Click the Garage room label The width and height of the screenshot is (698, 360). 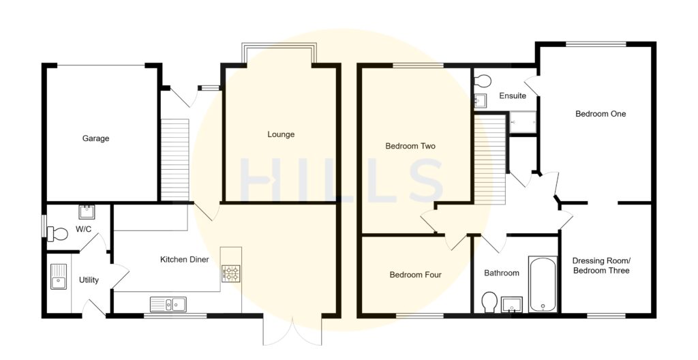tap(95, 138)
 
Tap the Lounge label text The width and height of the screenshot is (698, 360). tap(281, 134)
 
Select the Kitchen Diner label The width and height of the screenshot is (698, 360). tap(184, 260)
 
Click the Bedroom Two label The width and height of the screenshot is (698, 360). tap(410, 146)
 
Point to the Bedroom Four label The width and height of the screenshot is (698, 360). tap(415, 275)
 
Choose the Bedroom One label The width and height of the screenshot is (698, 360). tap(600, 114)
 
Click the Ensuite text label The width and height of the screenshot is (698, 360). tap(512, 96)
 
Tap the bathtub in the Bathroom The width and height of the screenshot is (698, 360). tap(543, 284)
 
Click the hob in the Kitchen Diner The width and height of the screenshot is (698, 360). tap(230, 273)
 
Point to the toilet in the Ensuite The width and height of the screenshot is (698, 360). tap(483, 80)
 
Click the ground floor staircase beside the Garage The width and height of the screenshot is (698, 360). tap(174, 160)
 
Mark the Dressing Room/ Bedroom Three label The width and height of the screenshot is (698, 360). tap(601, 266)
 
